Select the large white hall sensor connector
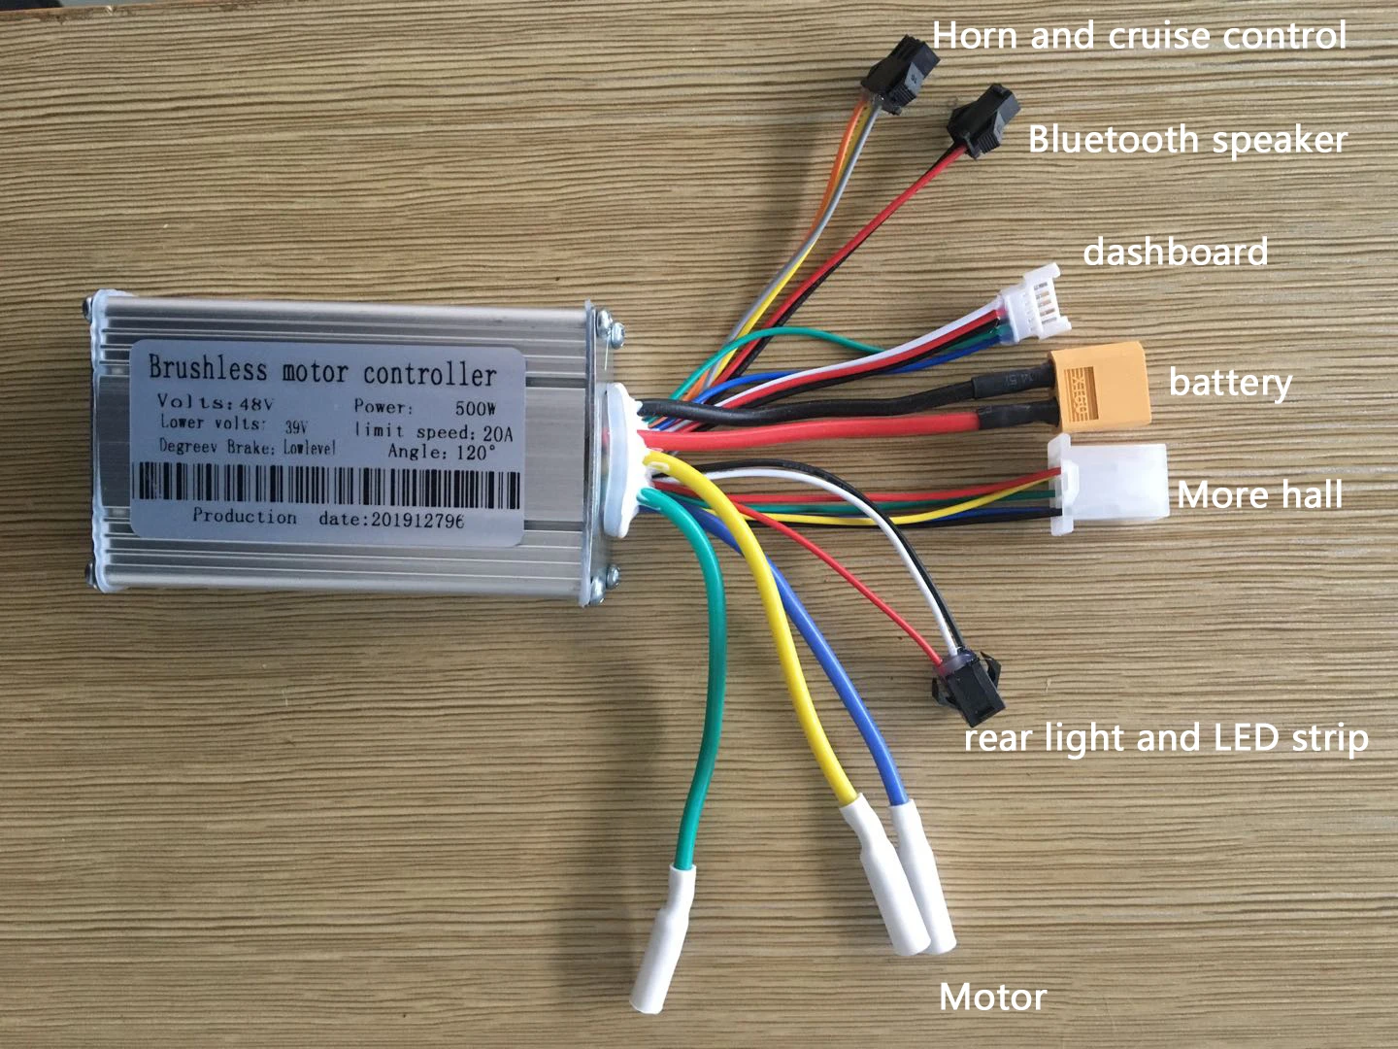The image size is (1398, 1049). point(1109,485)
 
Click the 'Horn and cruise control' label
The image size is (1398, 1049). point(1139,36)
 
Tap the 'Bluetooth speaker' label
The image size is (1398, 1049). point(1186,140)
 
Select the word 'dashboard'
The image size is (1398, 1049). point(1175,253)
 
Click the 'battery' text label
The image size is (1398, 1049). point(1229,382)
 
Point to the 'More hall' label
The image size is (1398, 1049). point(1259,495)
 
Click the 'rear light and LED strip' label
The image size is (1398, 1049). point(1165,738)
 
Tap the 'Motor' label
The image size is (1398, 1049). point(992,997)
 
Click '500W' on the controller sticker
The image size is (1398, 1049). point(476,407)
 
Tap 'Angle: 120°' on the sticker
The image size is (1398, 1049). point(442,452)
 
